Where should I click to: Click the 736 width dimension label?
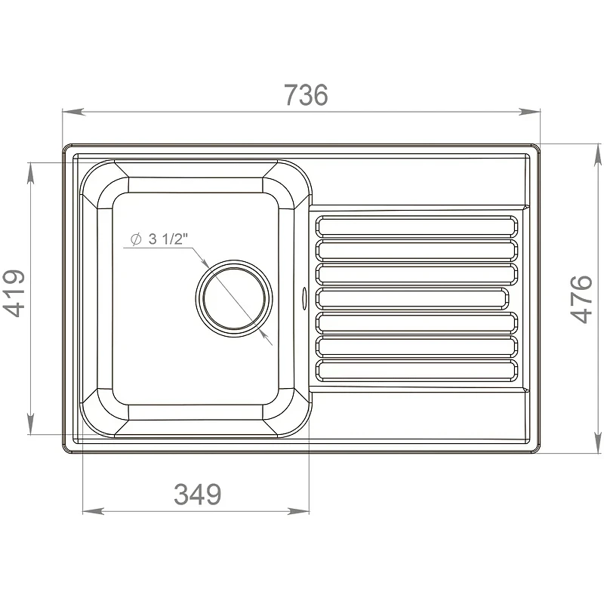click(x=307, y=95)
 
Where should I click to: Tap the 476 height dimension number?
click(x=581, y=299)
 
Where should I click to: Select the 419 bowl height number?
click(x=14, y=294)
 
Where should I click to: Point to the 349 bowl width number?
click(x=198, y=495)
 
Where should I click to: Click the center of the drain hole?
click(x=234, y=298)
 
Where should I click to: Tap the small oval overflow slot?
click(x=304, y=297)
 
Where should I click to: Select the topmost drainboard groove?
click(x=417, y=226)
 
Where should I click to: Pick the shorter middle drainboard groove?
click(x=412, y=298)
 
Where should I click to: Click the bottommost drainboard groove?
click(x=417, y=371)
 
